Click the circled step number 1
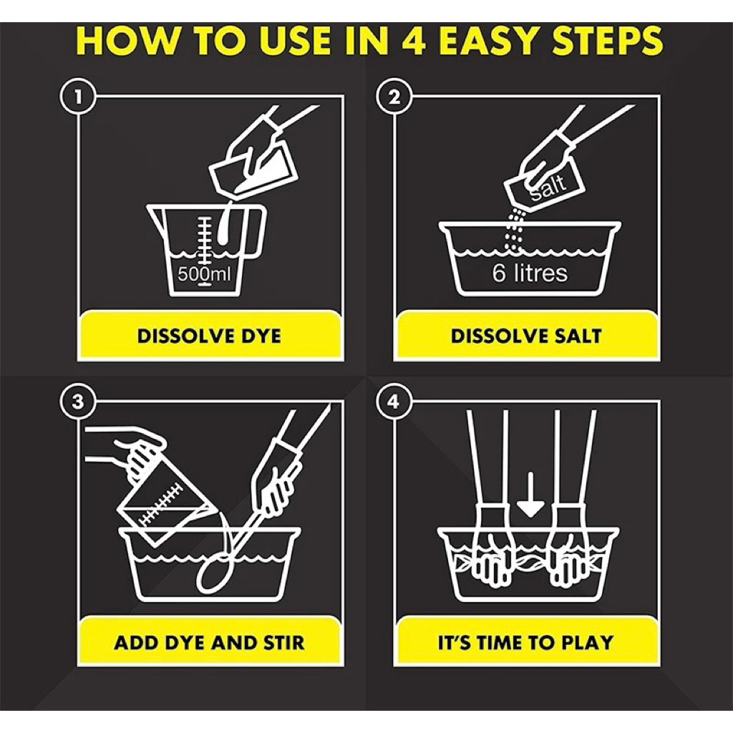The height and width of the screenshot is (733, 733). tap(77, 97)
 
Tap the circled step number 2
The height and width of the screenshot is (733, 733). tap(394, 97)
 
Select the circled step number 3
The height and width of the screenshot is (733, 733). tap(77, 401)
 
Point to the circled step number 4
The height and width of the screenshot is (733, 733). tap(394, 401)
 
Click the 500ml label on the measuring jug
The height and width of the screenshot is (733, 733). tap(204, 274)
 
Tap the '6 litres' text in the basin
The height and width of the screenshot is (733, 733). tap(530, 273)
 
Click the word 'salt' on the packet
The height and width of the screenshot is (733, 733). tap(548, 186)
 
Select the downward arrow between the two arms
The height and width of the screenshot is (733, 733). tap(530, 495)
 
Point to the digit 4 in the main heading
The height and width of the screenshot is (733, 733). tap(414, 41)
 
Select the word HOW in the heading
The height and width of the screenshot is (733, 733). tap(126, 41)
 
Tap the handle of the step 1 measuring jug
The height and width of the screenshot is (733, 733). tap(258, 231)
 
